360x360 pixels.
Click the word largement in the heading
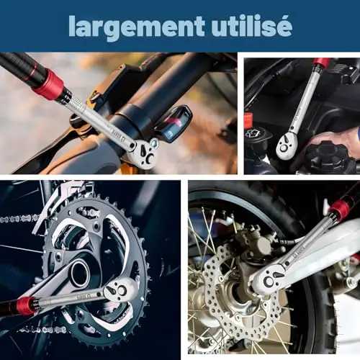(x=137, y=27)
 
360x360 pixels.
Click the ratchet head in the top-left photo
(x=143, y=153)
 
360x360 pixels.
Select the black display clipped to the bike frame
(x=174, y=125)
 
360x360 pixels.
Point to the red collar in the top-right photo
(x=323, y=63)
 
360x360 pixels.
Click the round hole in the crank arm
(x=80, y=274)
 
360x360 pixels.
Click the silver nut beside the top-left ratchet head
(x=154, y=143)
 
